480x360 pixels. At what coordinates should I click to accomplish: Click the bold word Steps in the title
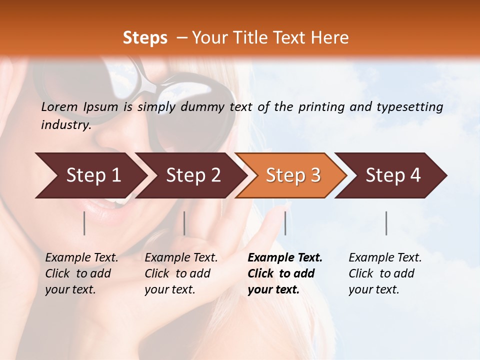point(145,37)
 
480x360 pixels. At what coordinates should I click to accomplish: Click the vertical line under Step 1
point(84,223)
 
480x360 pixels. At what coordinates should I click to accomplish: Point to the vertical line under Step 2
point(184,223)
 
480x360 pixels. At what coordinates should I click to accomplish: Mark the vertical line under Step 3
point(285,223)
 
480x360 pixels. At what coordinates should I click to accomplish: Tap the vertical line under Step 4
point(386,223)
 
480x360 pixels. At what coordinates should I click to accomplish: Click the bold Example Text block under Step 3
point(285,273)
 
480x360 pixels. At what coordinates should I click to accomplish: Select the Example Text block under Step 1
point(81,273)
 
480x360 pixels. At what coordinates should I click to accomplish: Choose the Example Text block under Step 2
point(181,273)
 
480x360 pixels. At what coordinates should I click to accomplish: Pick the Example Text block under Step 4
point(385,273)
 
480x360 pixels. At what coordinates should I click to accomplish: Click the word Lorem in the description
point(59,106)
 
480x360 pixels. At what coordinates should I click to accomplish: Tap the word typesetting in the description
point(414,106)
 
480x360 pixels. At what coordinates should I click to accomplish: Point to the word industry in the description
point(65,124)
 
